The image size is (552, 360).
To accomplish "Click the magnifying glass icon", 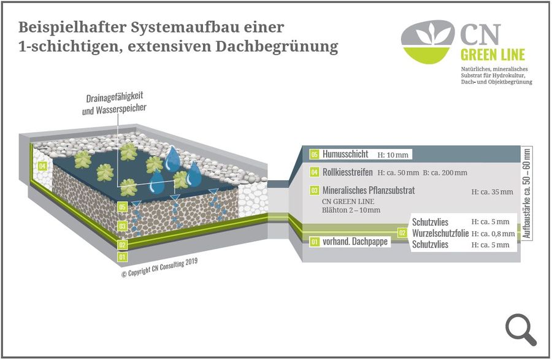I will tap(521, 329).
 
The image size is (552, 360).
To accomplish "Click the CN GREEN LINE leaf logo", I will tap(427, 41).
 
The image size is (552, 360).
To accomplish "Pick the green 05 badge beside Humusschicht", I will tap(315, 154).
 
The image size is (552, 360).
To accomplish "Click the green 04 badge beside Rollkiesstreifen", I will tap(315, 172).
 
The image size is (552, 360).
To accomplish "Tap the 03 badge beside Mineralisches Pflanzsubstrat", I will tap(315, 191).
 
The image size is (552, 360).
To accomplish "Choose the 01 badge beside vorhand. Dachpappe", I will tap(315, 242).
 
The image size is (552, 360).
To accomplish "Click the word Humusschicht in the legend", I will tap(345, 154).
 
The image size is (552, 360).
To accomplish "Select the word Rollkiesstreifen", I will tap(348, 172).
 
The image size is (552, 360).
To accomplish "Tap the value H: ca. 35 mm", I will tap(492, 192).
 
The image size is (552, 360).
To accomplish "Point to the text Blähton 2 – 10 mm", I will tap(351, 210).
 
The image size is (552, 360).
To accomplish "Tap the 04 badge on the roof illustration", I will tap(42, 166).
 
